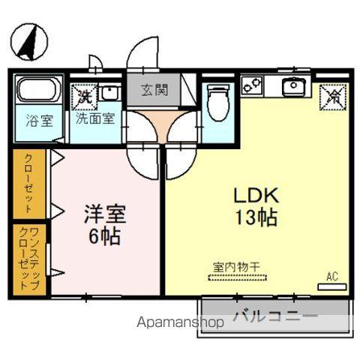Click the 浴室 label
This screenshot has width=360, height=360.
(x=35, y=121)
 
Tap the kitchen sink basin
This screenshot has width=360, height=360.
(x=292, y=85)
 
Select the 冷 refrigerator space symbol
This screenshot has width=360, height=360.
(x=333, y=95)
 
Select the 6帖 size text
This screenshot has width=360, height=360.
(x=103, y=237)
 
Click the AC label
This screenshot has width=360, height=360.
(x=331, y=277)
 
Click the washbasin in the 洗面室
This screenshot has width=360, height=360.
(x=110, y=93)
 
